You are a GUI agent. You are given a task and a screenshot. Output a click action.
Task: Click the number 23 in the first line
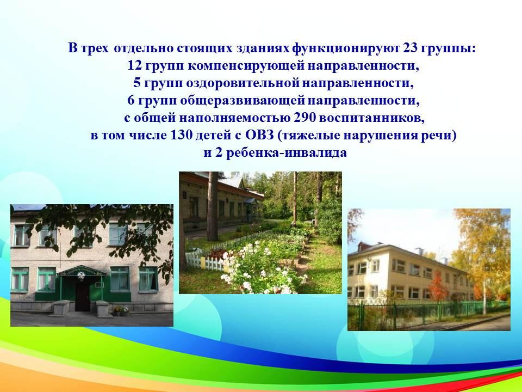[410, 48]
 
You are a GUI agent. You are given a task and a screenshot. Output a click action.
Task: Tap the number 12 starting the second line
[135, 66]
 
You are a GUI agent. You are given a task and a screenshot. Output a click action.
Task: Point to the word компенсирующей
[246, 66]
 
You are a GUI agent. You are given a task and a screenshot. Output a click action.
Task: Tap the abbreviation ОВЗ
[260, 136]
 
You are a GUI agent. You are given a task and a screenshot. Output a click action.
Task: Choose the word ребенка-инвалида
[287, 153]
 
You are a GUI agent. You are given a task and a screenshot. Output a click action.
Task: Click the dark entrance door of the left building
[82, 297]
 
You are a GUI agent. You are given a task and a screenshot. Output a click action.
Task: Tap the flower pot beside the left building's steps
[121, 311]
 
